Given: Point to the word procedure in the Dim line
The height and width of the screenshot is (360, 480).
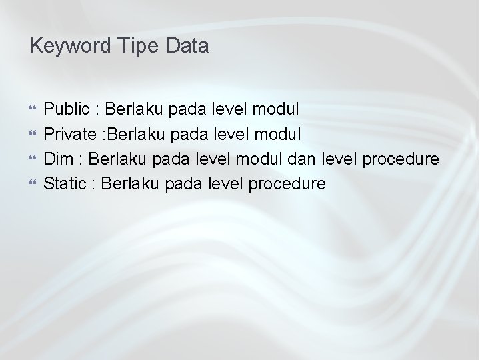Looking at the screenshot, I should pos(405,159).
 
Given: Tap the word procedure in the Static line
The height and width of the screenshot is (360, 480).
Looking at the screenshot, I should pos(291,184).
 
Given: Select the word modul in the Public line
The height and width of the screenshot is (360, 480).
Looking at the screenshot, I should pos(277,108).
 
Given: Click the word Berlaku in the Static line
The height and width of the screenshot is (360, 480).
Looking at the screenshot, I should pos(131,183).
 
